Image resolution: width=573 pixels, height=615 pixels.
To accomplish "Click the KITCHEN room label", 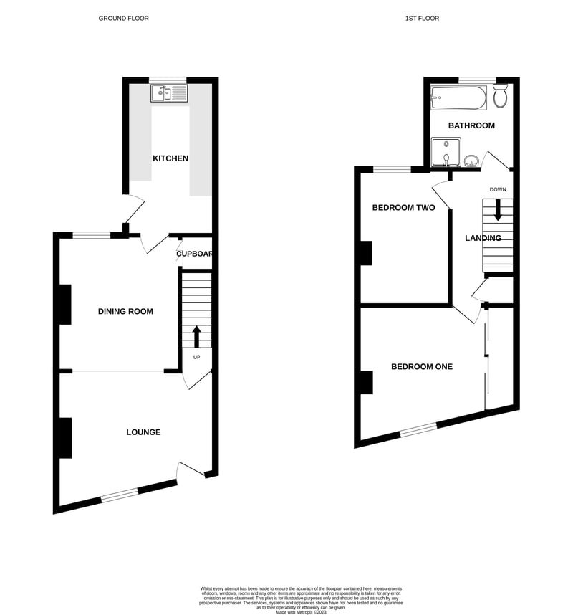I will [x=170, y=158].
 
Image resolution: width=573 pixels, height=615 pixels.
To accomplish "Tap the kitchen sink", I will [x=170, y=93].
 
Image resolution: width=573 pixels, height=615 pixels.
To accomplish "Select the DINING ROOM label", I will [x=126, y=311].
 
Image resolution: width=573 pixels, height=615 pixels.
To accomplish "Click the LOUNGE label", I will [x=143, y=432].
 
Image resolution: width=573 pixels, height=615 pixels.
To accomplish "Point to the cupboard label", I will [x=196, y=254].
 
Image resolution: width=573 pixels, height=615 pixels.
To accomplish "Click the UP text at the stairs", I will [x=196, y=357].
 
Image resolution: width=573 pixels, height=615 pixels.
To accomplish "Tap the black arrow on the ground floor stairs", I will [x=196, y=335].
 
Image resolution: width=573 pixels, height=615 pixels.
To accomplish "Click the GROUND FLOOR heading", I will [x=124, y=18].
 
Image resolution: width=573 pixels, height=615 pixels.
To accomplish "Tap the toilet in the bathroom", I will [x=500, y=95].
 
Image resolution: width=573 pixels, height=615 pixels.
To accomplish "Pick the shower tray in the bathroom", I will [x=446, y=153].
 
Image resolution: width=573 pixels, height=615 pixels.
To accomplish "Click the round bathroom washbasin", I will [x=472, y=160].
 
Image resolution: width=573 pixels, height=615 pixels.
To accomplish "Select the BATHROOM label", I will [x=471, y=125].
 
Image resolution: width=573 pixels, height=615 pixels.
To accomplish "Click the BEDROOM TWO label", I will [x=403, y=208].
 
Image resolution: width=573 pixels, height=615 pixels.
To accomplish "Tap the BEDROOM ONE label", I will [x=422, y=366].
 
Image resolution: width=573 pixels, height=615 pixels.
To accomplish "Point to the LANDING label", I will [x=483, y=238].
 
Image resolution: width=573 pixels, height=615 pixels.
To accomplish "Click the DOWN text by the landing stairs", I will [x=499, y=190].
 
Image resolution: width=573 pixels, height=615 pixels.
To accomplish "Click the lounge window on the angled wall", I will [x=120, y=494].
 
